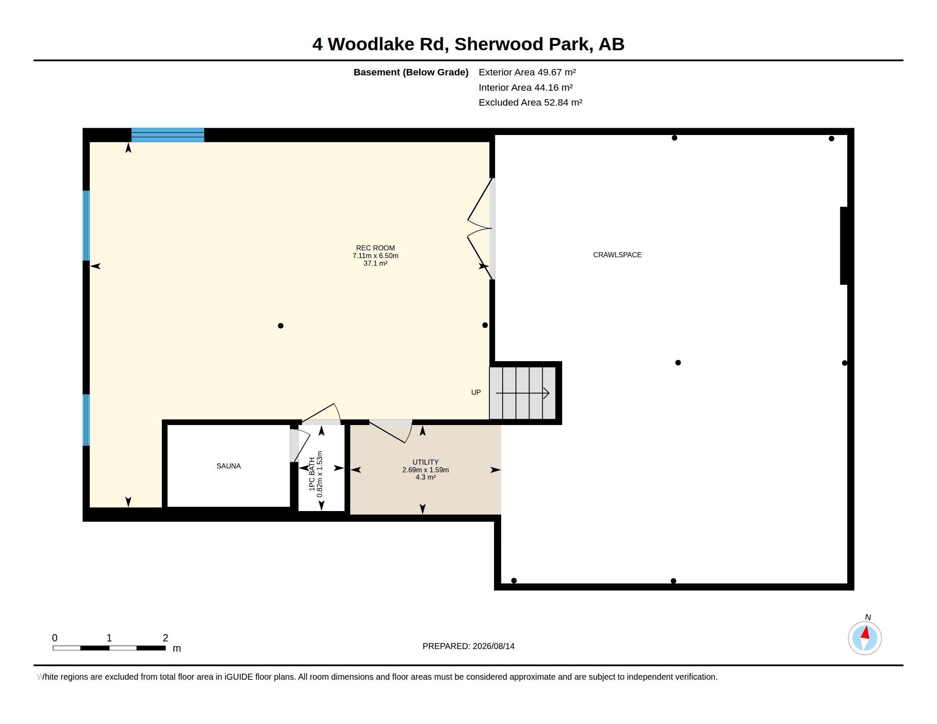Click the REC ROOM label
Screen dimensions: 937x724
click(375, 248)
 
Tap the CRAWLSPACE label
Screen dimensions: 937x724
click(618, 255)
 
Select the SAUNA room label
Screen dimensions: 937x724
click(229, 466)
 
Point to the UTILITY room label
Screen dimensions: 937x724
click(425, 463)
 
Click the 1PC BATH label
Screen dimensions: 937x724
click(312, 474)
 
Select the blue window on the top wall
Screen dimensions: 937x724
click(168, 135)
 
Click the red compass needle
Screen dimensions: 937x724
click(866, 633)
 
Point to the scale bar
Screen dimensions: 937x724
click(109, 648)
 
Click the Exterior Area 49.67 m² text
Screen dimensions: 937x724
click(527, 72)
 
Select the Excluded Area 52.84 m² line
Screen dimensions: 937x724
click(531, 103)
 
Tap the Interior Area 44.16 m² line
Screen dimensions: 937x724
click(526, 87)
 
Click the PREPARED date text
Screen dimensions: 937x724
click(468, 646)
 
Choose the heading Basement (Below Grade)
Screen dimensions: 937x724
click(411, 72)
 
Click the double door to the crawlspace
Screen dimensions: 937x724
click(480, 229)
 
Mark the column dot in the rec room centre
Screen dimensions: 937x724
click(281, 326)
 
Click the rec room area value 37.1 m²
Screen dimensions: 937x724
click(375, 263)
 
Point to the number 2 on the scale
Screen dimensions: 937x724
click(165, 638)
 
